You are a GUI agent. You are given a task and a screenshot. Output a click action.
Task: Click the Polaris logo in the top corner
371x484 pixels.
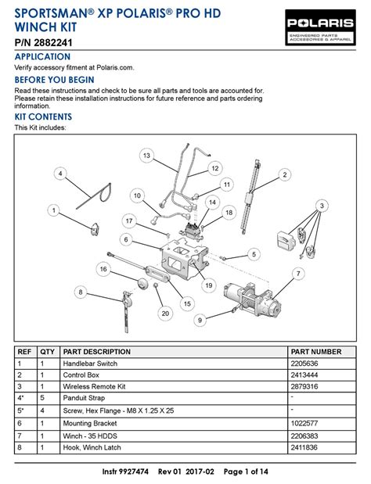(x=320, y=27)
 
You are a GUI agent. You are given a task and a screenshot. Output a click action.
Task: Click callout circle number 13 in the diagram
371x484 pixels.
(x=146, y=156)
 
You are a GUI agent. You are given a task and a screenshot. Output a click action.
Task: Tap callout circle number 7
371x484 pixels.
(x=298, y=274)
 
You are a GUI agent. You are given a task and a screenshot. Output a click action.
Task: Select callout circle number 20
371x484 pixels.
(x=165, y=314)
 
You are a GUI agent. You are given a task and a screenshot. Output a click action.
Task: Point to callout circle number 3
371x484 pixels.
(x=322, y=206)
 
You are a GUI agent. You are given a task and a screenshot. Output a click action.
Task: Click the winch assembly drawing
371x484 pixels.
(x=253, y=300)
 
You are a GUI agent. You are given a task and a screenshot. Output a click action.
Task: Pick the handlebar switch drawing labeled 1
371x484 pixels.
(x=94, y=229)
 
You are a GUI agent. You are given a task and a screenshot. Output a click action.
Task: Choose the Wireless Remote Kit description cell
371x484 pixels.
(x=94, y=386)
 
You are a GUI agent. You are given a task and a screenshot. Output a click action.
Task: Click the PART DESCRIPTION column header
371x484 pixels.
(x=97, y=352)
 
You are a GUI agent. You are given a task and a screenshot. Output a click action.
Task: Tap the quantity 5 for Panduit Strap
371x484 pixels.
(x=42, y=398)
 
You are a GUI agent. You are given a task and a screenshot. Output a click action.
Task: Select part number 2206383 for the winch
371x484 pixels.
(x=304, y=436)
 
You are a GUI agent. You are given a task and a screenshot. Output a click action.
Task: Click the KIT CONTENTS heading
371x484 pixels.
(x=43, y=117)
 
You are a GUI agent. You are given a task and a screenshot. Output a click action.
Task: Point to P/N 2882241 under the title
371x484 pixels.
(x=43, y=42)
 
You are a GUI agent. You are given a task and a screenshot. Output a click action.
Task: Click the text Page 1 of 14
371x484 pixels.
(x=246, y=471)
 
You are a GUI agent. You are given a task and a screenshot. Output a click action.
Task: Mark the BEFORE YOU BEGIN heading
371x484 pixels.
(x=54, y=80)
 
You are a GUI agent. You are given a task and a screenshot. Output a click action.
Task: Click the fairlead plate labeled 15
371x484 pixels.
(x=157, y=273)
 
